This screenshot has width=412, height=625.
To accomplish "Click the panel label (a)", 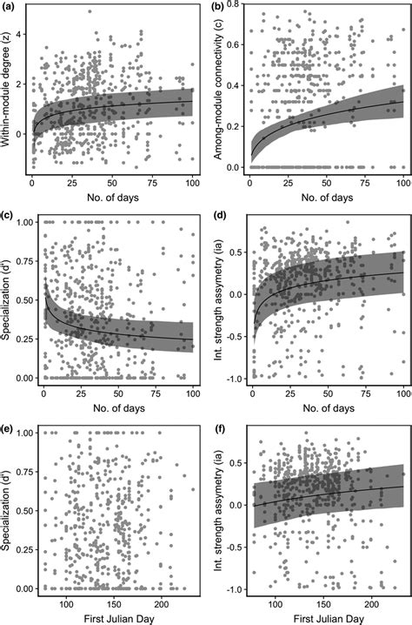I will tap(10, 6).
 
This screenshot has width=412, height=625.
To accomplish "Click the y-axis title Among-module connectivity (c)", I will tap(216, 91).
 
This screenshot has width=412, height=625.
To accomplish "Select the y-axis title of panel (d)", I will tap(216, 299).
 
